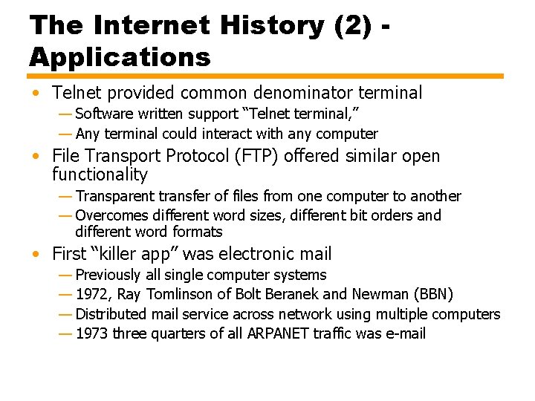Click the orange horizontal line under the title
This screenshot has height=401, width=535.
266,76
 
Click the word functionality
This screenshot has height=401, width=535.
100,175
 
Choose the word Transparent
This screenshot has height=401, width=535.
117,196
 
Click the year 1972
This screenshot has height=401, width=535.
92,294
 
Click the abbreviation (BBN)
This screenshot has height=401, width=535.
432,294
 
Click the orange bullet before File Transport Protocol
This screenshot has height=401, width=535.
36,157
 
